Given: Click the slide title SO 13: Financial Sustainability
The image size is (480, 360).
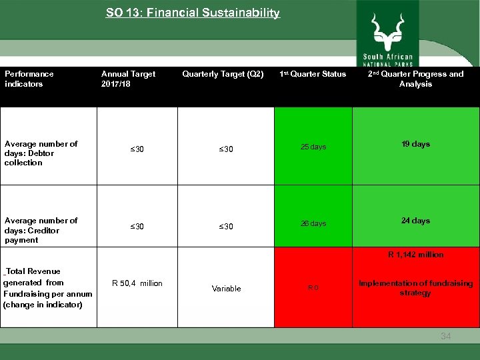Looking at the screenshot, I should pos(193,13).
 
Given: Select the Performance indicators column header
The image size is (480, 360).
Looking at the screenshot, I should pos(29,79).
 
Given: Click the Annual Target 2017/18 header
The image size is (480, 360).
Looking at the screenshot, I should pos(128,79).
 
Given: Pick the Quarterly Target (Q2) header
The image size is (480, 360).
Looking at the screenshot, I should pos(223,74).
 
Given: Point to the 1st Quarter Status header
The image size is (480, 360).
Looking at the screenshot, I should pos(313,74).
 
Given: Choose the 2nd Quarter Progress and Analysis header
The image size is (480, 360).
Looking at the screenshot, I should pos(415,79).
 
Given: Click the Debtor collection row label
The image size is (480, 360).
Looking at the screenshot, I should pos(41,153).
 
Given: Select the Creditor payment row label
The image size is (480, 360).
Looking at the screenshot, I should pos(41,230).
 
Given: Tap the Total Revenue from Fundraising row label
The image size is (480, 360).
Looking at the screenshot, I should pos(47,287).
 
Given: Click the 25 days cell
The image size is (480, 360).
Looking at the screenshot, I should pos(313,147).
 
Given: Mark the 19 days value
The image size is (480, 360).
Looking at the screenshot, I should pos(415,144).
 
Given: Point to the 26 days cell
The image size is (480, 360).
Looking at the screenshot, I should pos(313,224).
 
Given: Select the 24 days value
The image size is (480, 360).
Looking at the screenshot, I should pos(415,221).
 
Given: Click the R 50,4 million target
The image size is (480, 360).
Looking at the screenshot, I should pos(137,283).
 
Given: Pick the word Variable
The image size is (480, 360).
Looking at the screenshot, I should pos(226,289).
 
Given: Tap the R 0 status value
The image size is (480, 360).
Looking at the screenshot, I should pos(313,289).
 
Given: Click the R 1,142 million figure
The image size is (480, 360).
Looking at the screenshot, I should pos(415,255).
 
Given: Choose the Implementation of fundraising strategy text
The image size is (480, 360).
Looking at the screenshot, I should pos(415,288).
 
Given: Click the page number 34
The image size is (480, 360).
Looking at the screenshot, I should pos(445,336).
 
